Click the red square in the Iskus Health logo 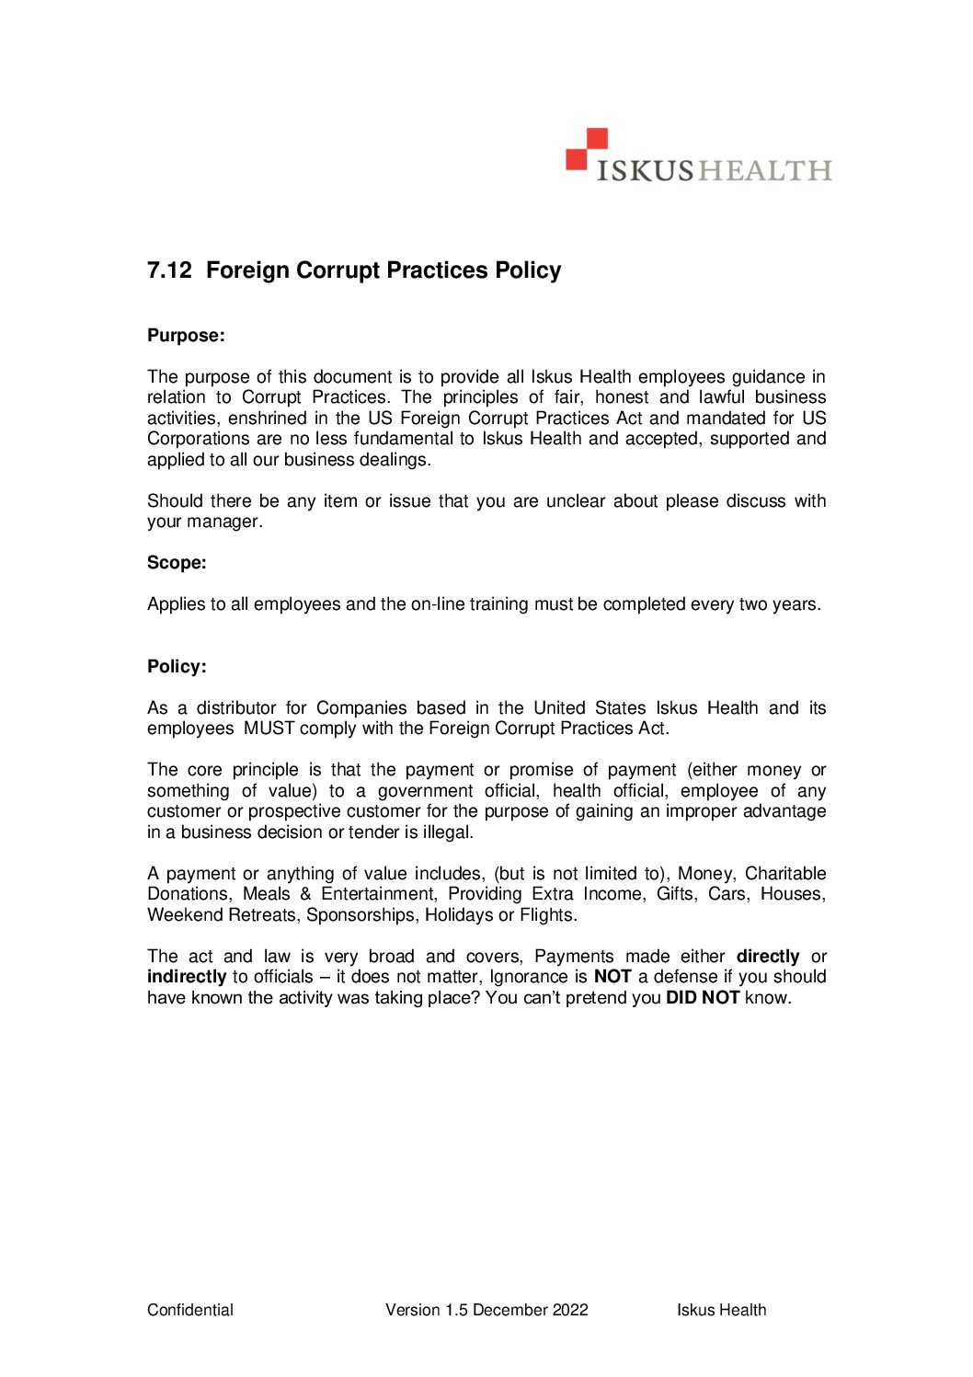pos(587,149)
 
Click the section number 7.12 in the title pos(169,270)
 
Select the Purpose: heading pos(186,336)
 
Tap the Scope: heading pos(177,563)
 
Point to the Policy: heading pos(177,667)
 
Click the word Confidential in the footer pos(190,1310)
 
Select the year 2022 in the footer pos(570,1310)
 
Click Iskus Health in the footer pos(721,1310)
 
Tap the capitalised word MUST pos(269,729)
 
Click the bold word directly pos(768,957)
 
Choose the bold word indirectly pos(187,977)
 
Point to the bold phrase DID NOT pos(703,998)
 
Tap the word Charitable pos(785,874)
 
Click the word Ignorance pos(528,977)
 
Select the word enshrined pos(268,419)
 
